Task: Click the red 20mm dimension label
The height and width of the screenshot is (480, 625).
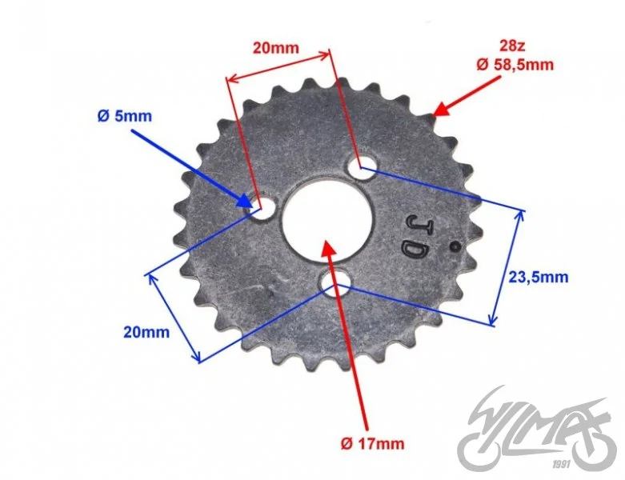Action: [276, 48]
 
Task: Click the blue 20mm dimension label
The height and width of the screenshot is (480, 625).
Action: [146, 332]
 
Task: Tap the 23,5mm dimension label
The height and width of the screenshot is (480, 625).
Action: [538, 277]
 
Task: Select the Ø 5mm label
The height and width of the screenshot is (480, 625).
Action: [125, 116]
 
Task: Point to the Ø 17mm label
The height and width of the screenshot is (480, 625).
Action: [372, 443]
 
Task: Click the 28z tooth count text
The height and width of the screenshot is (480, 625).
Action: [512, 46]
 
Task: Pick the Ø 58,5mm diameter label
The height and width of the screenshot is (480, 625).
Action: [515, 64]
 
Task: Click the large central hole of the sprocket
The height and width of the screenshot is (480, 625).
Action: [327, 219]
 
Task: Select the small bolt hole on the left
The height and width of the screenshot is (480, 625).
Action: [262, 208]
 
